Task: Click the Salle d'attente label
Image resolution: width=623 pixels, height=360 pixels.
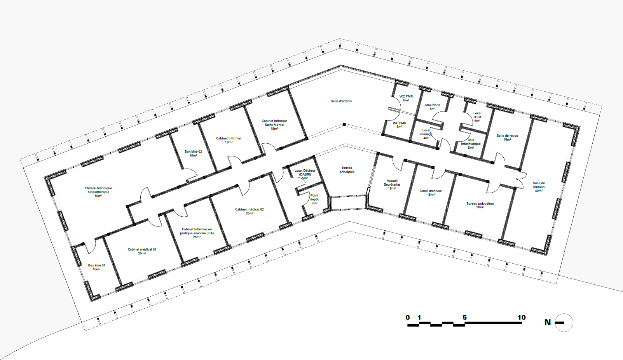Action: point(341,101)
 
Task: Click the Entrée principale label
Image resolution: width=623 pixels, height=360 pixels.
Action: point(347,170)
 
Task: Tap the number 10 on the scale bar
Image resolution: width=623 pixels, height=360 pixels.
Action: point(522,317)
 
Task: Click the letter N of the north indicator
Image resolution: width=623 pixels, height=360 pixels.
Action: point(548,322)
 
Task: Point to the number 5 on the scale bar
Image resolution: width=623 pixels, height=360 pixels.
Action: point(464,317)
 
